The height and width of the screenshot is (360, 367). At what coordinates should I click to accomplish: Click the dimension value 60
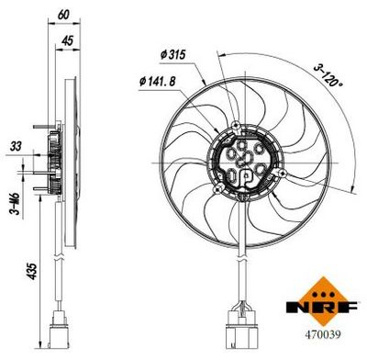[x=63, y=14]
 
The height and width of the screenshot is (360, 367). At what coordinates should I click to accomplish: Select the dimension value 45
[x=68, y=39]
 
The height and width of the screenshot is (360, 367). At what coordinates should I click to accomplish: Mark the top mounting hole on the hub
[x=239, y=125]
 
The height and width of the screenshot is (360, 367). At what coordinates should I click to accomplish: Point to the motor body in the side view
[x=54, y=162]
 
